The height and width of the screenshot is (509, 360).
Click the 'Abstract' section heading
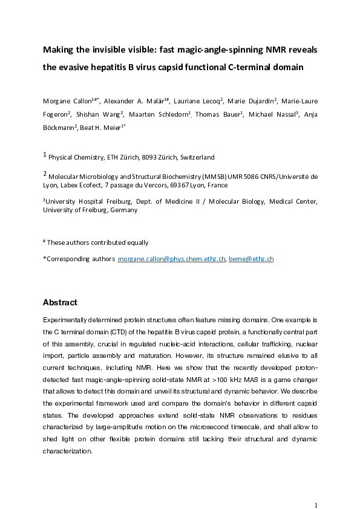tap(60, 302)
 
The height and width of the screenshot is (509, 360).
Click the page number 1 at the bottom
tap(316, 488)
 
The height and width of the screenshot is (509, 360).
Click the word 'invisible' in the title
tap(111, 49)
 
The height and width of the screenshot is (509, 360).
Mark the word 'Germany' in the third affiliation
tap(122, 210)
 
